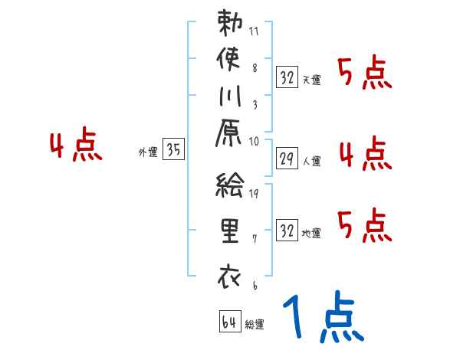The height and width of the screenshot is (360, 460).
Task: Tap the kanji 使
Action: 229,59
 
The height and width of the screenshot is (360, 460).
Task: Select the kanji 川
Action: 229,97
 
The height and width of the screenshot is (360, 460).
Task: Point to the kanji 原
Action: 229,134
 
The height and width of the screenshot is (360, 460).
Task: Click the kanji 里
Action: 229,231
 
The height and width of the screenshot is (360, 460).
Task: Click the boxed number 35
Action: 173,150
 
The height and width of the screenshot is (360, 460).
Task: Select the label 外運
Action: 148,152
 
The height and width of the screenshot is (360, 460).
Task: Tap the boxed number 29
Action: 287,159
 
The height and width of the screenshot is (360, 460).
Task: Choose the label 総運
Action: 255,324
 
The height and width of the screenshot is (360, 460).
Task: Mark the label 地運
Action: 312,233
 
